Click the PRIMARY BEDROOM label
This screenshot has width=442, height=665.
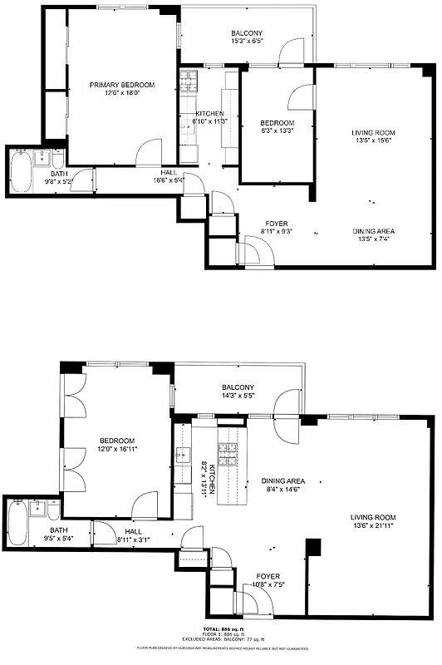coord(122,85)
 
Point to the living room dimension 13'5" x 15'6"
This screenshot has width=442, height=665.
coord(371,140)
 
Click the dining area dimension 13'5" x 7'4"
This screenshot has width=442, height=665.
coord(371,239)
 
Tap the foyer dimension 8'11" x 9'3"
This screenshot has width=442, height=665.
coord(276,232)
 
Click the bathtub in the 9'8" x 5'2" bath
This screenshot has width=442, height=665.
coord(20,170)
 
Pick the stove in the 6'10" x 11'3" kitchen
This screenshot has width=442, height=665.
coord(189,81)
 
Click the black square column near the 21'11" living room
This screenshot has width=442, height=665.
coord(312,547)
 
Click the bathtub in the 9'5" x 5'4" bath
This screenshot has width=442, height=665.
coord(17,524)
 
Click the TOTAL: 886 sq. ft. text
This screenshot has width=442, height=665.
coord(220,628)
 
